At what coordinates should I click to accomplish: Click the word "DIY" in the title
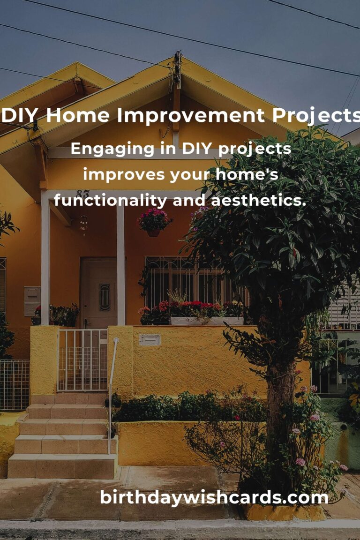[x=21, y=116]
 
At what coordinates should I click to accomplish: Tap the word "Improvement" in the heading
[x=183, y=116]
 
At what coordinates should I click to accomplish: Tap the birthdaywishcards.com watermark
[x=214, y=497]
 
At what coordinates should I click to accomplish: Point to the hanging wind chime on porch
[x=84, y=223]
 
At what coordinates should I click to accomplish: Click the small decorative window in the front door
[x=105, y=297]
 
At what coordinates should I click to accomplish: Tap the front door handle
[x=86, y=322]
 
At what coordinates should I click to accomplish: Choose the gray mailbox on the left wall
[x=32, y=300]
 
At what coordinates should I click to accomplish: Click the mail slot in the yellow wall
[x=150, y=339]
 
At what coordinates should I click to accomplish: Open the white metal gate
[x=82, y=360]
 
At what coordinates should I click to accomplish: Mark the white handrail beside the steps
[x=112, y=389]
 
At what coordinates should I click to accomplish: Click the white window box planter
[x=206, y=321]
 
